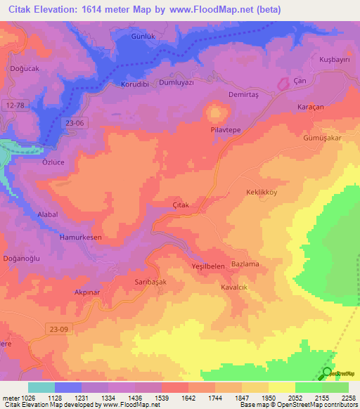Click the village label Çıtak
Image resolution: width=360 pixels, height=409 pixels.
183,203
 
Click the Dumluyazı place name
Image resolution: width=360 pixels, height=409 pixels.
179,82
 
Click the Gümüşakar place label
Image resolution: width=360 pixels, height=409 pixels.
321,138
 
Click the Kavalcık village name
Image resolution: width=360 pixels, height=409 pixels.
236,288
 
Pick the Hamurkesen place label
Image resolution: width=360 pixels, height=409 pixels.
81,238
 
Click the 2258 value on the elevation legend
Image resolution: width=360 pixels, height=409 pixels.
349,398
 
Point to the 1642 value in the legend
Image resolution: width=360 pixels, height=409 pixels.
187,398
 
